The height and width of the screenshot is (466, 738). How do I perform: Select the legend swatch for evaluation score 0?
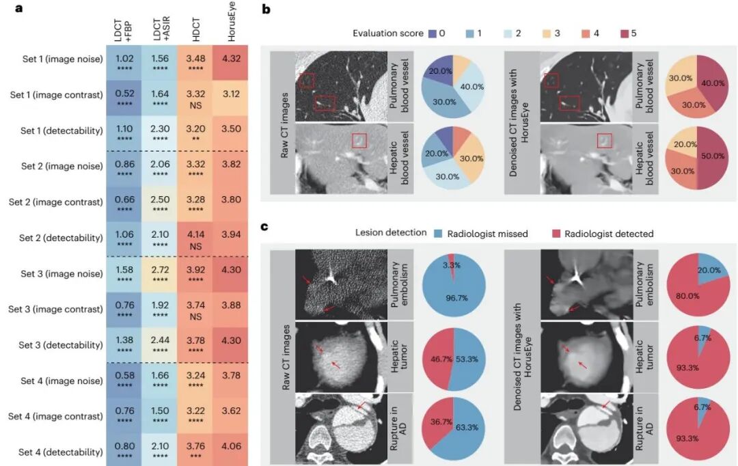(433, 33)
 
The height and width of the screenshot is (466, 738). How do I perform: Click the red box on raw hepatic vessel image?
(359, 141)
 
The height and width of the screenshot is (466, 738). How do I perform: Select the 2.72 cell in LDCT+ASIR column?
(159, 275)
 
